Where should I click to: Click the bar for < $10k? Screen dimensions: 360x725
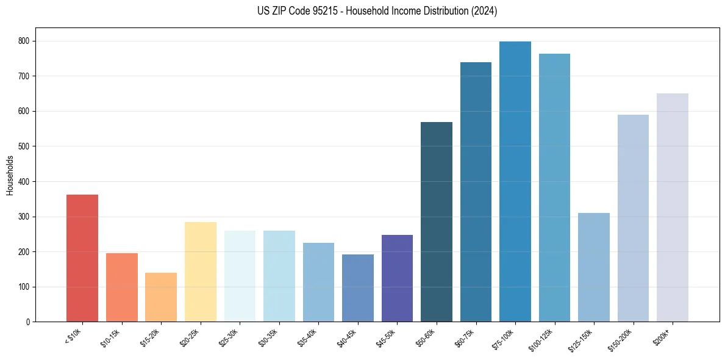[82, 258]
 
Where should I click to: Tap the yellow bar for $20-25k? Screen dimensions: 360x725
[201, 272]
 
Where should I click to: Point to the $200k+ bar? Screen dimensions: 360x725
[673, 207]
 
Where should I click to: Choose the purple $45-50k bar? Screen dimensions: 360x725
[397, 278]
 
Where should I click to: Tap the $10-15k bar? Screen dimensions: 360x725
[122, 287]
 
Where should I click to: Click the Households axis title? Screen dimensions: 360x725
[10, 175]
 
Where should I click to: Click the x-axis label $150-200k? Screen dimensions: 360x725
[623, 339]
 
